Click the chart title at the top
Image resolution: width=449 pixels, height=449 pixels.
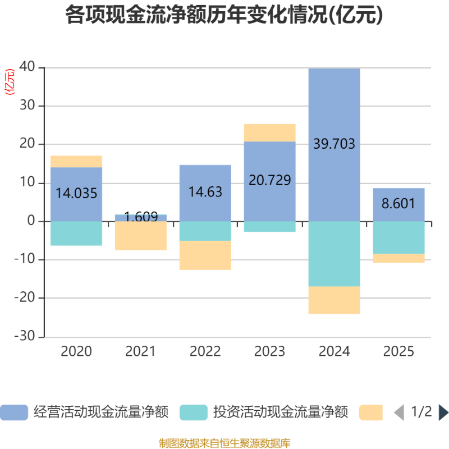[x=224, y=15]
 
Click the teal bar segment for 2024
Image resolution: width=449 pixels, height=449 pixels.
[x=335, y=254]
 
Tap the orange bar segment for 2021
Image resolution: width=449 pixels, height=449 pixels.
[x=141, y=236]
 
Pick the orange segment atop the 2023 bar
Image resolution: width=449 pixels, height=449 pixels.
[x=270, y=132]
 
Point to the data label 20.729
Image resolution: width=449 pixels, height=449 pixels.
[x=270, y=180]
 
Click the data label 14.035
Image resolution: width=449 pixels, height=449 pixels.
[x=76, y=194]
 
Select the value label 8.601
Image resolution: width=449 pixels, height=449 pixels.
[x=398, y=203]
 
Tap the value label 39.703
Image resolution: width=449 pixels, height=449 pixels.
[x=335, y=144]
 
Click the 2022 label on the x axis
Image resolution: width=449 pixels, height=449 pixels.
[x=205, y=352]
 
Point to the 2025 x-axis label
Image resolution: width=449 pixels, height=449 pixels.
[x=398, y=352]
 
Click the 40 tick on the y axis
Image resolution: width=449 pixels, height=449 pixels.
[x=28, y=67]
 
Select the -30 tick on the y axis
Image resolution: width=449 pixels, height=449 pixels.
[x=26, y=337]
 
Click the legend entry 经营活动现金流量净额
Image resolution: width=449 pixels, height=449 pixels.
[x=84, y=413]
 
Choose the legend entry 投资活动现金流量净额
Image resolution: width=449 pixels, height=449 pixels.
[x=264, y=413]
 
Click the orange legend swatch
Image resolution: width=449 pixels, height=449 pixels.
[x=371, y=413]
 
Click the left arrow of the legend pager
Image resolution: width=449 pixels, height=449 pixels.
[x=398, y=413]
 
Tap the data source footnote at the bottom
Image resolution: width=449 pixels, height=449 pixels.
[x=224, y=443]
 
